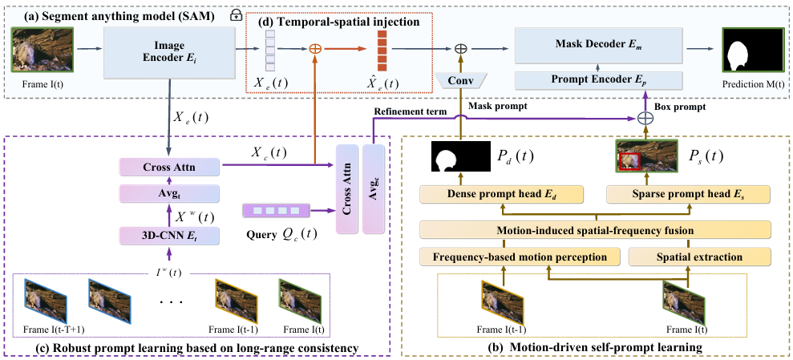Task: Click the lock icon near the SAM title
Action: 236,14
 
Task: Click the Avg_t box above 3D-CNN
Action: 170,192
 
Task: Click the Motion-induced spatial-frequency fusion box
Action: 593,231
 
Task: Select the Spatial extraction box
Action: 699,257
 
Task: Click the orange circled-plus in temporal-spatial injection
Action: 315,49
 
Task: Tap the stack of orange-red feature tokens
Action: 382,50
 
